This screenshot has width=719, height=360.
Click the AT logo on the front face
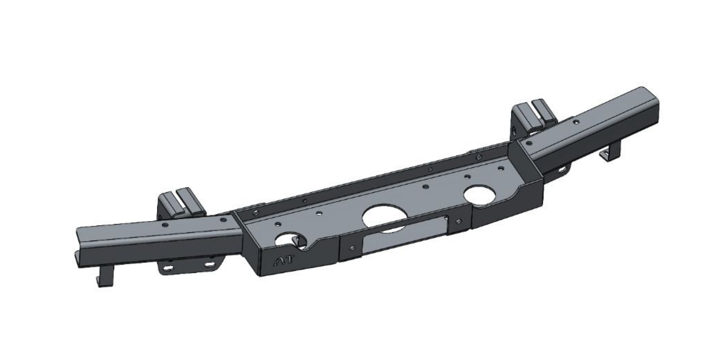[x=283, y=261]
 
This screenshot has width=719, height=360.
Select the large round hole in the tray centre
[x=383, y=218]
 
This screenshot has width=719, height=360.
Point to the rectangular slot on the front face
[x=405, y=234]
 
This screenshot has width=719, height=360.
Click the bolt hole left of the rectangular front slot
[x=352, y=248]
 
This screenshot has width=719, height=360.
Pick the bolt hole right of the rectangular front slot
[x=458, y=221]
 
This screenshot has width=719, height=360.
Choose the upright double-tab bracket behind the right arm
[x=533, y=117]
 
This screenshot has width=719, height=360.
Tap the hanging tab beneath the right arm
[x=610, y=153]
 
